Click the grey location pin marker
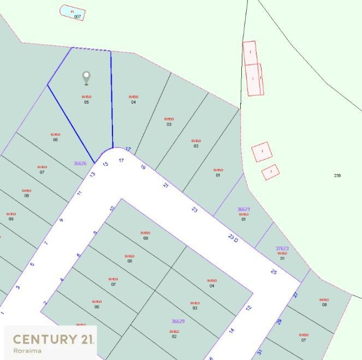pyautogui.click(x=86, y=78)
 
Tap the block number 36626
pyautogui.click(x=80, y=163)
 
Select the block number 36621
pyautogui.click(x=244, y=209)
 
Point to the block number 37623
pyautogui.click(x=282, y=248)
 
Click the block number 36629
pyautogui.click(x=178, y=321)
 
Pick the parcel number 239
pyautogui.click(x=337, y=175)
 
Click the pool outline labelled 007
pyautogui.click(x=72, y=13)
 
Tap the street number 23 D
pyautogui.click(x=234, y=237)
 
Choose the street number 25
pyautogui.click(x=274, y=271)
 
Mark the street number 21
pyautogui.click(x=166, y=185)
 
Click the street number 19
pyautogui.click(x=143, y=167)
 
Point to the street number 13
pyautogui.click(x=92, y=175)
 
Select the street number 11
pyautogui.click(x=79, y=193)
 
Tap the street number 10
pyautogui.click(x=112, y=208)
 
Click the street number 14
pyautogui.click(x=232, y=331)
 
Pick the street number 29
pyautogui.click(x=278, y=322)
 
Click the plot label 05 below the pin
pyautogui.click(x=86, y=102)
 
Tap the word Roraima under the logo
pyautogui.click(x=28, y=351)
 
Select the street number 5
pyautogui.click(x=32, y=265)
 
